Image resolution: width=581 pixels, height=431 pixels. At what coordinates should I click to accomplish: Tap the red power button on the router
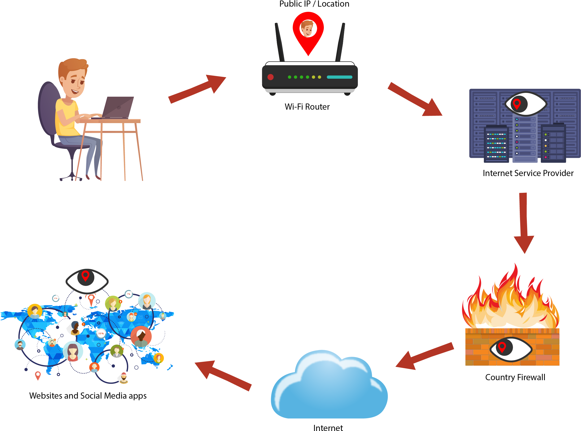270,77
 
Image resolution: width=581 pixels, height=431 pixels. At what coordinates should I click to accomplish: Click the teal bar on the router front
339,77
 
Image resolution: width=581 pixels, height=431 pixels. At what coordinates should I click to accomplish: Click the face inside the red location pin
308,28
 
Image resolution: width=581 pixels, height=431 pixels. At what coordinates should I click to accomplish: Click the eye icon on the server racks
526,103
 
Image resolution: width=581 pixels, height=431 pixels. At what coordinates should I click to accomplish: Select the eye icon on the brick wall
511,349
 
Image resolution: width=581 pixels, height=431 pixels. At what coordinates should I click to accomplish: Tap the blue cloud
329,389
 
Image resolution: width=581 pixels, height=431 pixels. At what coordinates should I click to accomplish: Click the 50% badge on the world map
101,333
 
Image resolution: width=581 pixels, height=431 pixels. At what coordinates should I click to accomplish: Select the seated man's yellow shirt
65,117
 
